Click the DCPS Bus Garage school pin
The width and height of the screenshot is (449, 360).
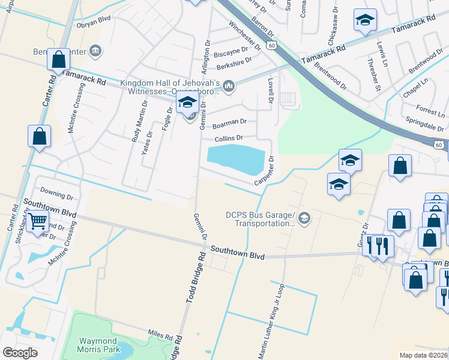coord(304,217)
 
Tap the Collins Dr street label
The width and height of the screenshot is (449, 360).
coord(229,138)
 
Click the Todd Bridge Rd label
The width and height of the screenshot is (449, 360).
coord(194,276)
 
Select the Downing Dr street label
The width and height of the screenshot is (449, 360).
coord(56,196)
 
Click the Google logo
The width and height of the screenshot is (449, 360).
coord(20,352)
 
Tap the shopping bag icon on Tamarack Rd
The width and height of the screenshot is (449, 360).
coord(58,59)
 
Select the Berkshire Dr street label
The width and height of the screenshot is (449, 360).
coord(234,60)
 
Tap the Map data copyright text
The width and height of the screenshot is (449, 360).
coord(423,355)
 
